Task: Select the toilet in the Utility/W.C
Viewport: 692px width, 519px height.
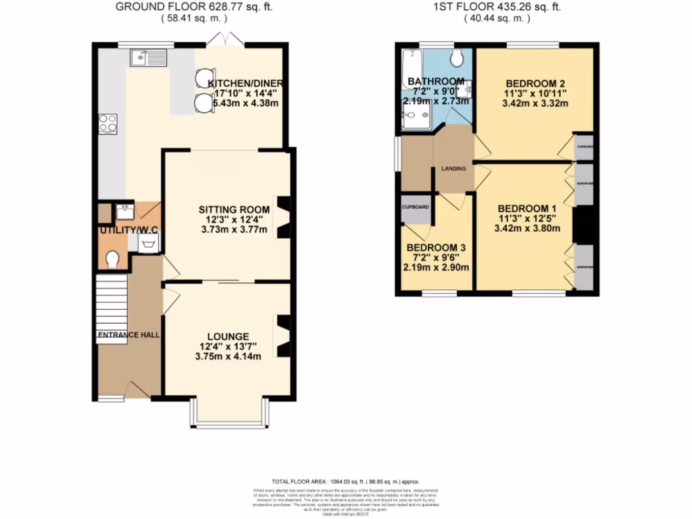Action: (113, 259)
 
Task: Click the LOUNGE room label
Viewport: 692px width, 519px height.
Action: (228, 337)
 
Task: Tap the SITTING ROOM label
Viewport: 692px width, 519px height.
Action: (234, 209)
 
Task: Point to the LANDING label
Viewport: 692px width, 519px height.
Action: (453, 168)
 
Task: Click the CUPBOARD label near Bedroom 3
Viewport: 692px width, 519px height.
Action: (415, 207)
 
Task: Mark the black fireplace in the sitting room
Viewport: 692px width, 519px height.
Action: (284, 216)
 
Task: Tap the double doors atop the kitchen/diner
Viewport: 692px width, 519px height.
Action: (220, 41)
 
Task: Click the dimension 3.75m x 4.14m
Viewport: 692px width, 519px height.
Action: (228, 356)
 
